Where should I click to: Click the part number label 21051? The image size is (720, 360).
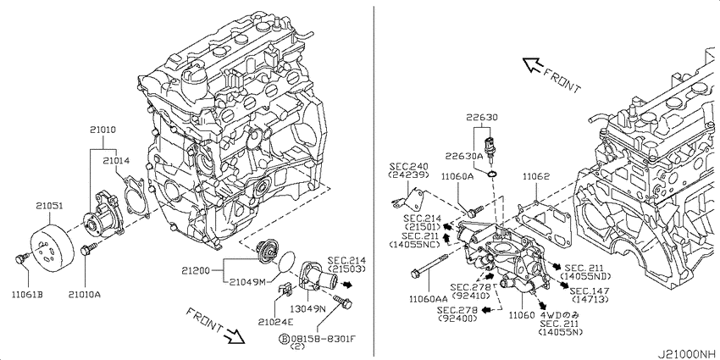[50, 207]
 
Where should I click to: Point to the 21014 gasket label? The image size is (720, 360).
[116, 161]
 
